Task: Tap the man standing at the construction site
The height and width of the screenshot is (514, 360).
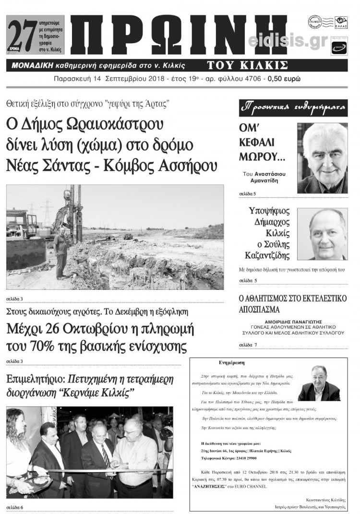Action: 61,252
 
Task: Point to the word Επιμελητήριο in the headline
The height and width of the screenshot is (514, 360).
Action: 34,380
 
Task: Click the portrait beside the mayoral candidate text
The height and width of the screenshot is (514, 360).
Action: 322,234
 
